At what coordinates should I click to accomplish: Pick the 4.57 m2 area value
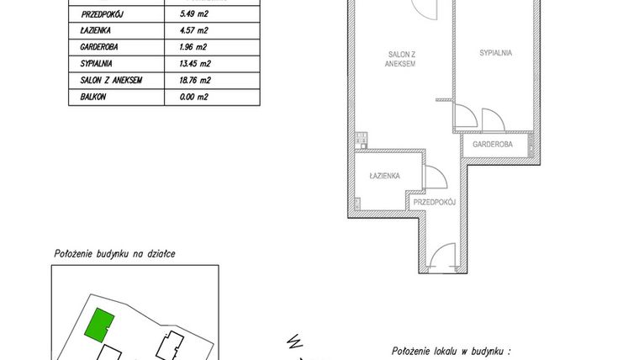(194, 31)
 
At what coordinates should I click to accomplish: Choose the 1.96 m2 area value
(194, 48)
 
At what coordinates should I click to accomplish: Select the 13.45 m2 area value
(196, 64)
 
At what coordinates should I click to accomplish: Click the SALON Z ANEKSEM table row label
(110, 81)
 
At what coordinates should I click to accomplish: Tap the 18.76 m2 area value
(196, 81)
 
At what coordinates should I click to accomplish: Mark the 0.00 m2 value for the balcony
(194, 97)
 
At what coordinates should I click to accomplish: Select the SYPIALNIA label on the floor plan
(496, 53)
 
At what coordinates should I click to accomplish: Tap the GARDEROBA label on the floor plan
(494, 145)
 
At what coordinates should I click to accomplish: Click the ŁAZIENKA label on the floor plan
(384, 176)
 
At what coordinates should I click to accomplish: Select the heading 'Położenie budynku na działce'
(114, 253)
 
